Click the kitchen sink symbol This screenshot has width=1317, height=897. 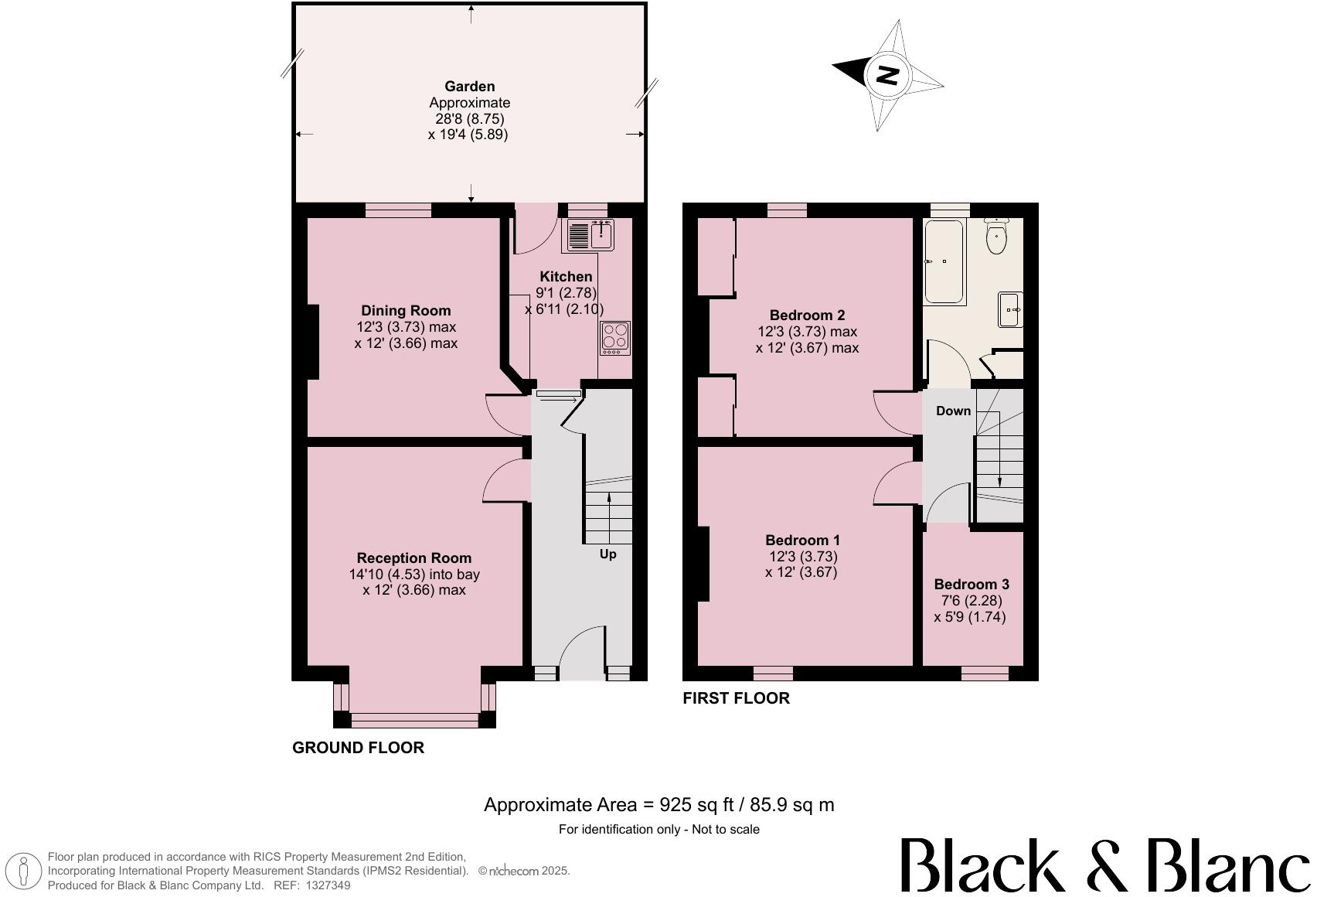click(x=590, y=235)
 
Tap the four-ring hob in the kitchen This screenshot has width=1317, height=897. click(x=615, y=338)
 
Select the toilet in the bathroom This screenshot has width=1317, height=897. click(x=997, y=237)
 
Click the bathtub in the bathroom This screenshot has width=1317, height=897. click(x=944, y=261)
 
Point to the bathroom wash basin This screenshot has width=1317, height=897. click(x=1011, y=309)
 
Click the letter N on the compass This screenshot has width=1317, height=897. click(x=887, y=76)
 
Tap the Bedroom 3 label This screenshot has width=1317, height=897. click(x=972, y=585)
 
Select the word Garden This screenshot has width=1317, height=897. click(x=469, y=87)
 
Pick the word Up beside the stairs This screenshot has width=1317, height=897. click(x=608, y=554)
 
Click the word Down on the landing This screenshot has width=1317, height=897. click(x=953, y=411)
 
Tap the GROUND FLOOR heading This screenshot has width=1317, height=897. click(x=358, y=748)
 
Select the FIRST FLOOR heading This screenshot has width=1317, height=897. click(x=736, y=698)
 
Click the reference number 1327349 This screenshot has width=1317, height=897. click(x=328, y=885)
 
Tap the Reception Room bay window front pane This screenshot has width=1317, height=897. click(x=414, y=720)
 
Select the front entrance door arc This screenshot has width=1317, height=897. click(x=580, y=650)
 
